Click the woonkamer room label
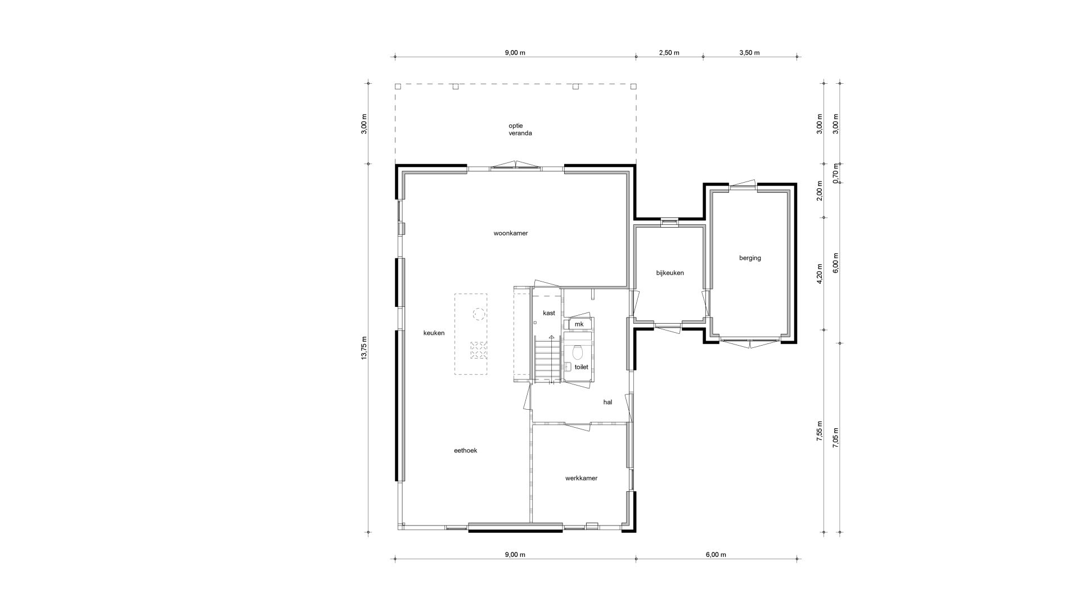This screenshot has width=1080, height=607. [511, 233]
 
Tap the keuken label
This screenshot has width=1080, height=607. [434, 333]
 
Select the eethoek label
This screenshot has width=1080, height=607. [466, 450]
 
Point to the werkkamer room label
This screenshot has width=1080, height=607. [581, 478]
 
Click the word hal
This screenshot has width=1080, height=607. [607, 402]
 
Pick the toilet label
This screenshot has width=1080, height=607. [581, 367]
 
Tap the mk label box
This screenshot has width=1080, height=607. [579, 324]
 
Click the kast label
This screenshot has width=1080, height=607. [549, 312]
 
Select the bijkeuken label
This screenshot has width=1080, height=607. [670, 273]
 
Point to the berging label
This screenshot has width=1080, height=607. [750, 258]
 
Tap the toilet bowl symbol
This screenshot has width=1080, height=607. [577, 352]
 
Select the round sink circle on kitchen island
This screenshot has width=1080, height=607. [478, 314]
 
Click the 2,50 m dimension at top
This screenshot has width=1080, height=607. [669, 53]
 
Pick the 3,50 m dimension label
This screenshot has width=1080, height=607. [749, 53]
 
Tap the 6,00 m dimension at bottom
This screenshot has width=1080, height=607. [715, 555]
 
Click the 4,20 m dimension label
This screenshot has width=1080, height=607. [820, 274]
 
